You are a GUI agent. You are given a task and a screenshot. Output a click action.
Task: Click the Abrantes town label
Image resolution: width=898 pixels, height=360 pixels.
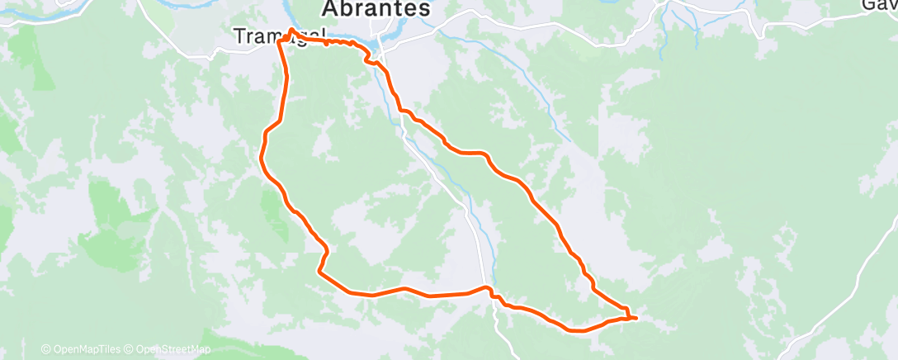[x=376, y=9]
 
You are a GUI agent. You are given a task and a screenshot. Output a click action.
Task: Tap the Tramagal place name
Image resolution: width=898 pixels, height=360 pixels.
[x=277, y=36]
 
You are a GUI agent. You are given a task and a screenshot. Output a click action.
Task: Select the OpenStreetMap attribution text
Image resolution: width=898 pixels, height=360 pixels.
[x=168, y=349]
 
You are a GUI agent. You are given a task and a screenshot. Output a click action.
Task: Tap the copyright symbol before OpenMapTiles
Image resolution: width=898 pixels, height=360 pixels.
[x=46, y=349]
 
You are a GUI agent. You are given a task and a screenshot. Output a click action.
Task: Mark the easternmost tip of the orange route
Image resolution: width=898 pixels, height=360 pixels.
[x=636, y=317]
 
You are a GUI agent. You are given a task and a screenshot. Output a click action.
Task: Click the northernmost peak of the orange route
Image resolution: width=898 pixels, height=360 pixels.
[x=291, y=30]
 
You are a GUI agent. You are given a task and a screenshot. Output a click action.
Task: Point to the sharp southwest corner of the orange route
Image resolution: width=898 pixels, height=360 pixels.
[x=319, y=271]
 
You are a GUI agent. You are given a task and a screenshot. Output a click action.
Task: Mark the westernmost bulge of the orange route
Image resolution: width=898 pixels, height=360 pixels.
[x=262, y=157]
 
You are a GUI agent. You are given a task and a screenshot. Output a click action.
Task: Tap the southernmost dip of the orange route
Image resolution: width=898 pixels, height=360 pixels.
[x=578, y=330]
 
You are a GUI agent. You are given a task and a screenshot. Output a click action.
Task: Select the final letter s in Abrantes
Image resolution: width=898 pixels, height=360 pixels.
[x=424, y=9]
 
